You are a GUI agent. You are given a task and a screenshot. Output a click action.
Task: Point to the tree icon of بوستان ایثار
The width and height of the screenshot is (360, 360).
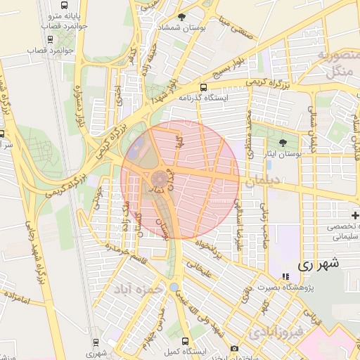click(x=283, y=142)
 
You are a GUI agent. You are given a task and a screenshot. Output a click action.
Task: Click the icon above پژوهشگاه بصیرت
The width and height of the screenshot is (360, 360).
click(x=285, y=276)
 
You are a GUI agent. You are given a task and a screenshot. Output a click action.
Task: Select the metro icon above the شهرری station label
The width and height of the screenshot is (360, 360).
click(x=96, y=342)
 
